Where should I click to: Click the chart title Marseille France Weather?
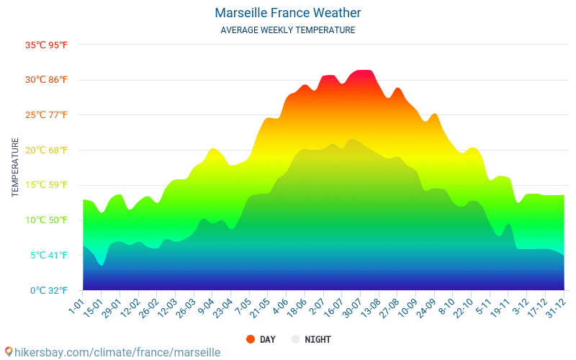[287, 13]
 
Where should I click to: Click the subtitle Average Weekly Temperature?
[287, 30]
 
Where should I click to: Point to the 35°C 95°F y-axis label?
[47, 45]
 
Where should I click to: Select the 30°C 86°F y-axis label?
[47, 80]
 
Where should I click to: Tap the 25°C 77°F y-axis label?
[47, 115]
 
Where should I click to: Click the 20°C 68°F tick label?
[47, 150]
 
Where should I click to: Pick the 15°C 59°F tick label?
[47, 185]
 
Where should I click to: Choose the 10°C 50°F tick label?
[47, 220]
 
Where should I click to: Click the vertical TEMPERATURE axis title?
[15, 168]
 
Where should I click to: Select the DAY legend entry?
[261, 339]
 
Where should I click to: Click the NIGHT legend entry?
[311, 339]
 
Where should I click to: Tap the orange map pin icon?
[8, 351]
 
